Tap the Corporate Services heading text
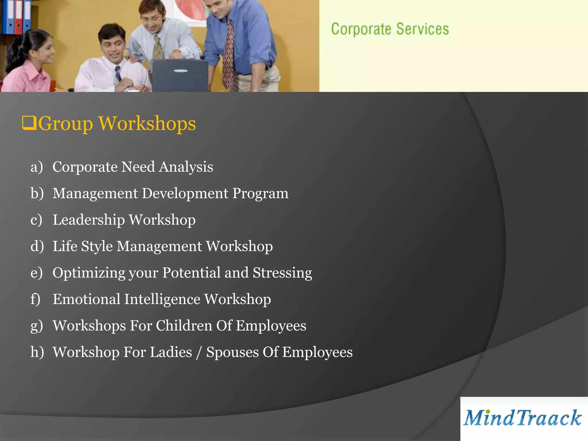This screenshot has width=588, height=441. pos(390,29)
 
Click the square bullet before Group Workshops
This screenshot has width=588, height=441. pos(29,123)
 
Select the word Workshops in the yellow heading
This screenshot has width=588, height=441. pos(147,123)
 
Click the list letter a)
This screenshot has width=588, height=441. pos(36,167)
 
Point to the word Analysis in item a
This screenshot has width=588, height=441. pos(186,167)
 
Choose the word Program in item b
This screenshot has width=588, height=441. pos(260,193)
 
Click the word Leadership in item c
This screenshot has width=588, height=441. pos(89,220)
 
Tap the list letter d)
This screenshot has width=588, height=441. pos(37,246)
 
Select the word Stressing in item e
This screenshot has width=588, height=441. pos(282,273)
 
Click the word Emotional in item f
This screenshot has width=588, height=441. pos(86,299)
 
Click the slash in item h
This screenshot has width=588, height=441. pos(199,353)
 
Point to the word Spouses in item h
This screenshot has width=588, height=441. pos(232,353)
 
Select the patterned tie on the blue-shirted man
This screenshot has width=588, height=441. pos(229,52)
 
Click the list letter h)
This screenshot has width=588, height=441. pos(37,352)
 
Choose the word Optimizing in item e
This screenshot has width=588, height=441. pos(89,273)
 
